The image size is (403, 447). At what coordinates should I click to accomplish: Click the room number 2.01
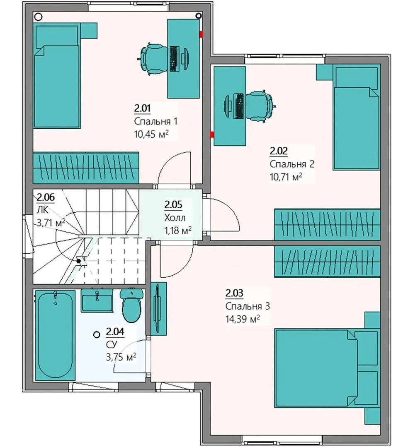(x=142, y=108)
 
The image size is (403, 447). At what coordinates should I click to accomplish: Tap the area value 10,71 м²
(x=286, y=177)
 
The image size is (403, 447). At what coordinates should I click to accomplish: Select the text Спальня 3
(x=248, y=306)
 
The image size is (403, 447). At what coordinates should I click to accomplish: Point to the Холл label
(x=175, y=218)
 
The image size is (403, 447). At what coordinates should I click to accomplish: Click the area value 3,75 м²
(x=121, y=357)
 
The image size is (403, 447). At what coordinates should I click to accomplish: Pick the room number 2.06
(x=46, y=197)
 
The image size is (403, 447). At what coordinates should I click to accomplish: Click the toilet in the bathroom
(x=131, y=305)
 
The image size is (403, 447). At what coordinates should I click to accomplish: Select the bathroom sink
(x=97, y=301)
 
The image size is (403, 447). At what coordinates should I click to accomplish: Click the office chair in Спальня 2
(x=260, y=106)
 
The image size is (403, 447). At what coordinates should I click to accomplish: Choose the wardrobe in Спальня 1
(x=86, y=168)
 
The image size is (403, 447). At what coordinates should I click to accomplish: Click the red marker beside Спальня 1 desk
(x=201, y=34)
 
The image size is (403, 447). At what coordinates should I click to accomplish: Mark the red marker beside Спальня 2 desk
(x=212, y=135)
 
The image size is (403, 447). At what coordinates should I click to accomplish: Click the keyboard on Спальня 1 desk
(x=173, y=58)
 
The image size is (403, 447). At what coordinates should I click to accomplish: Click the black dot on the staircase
(x=78, y=261)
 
